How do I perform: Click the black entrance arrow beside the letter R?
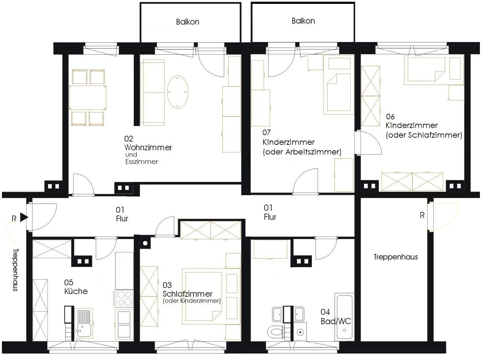pos(24,217)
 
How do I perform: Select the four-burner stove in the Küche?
pos(124,299)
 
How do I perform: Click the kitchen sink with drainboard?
pos(84,323)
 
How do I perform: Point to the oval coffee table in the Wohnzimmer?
pos(177,92)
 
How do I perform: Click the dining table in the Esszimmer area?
pos(88,98)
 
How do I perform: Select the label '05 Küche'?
pos(76,287)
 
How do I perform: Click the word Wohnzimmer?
pos(148,147)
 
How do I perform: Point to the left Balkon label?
pos(188,22)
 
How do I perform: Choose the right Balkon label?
pos(303,21)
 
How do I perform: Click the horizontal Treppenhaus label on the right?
pos(396,257)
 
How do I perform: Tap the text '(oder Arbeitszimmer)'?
pos(302,152)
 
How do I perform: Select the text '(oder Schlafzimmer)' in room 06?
pos(424,135)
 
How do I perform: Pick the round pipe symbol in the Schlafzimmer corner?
pos(145,243)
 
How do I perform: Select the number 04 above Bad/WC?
pos(325,312)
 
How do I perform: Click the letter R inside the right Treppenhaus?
pos(422,215)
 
